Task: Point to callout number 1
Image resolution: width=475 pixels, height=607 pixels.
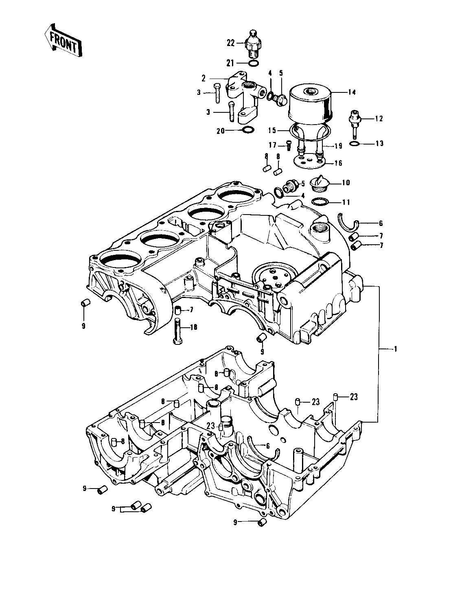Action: (x=395, y=349)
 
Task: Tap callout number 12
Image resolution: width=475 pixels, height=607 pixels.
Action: (x=379, y=119)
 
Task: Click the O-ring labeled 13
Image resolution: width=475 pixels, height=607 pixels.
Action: (x=355, y=144)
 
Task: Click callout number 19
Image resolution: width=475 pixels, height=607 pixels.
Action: (x=338, y=146)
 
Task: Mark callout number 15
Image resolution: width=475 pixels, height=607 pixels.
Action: (x=272, y=131)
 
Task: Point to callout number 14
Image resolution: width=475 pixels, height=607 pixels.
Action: (x=352, y=92)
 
